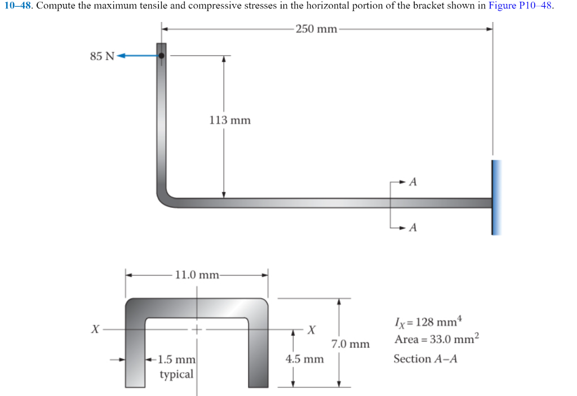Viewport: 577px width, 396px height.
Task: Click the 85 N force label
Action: (x=101, y=56)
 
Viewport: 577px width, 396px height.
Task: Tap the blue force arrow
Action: (x=137, y=56)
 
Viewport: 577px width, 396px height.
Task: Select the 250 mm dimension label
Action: (x=316, y=29)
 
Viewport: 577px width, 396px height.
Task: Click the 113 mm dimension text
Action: (x=230, y=120)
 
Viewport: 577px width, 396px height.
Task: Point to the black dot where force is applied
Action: (x=162, y=56)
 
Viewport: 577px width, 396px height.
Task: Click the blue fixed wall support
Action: (x=495, y=197)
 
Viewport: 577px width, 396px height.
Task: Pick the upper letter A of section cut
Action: (x=413, y=182)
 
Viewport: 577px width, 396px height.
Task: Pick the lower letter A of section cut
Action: (x=413, y=228)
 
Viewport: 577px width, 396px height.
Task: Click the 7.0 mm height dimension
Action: (x=350, y=344)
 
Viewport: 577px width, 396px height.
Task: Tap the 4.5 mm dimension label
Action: (x=305, y=359)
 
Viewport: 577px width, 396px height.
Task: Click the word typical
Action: (x=176, y=373)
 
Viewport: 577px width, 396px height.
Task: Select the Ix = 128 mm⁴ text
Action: (x=426, y=323)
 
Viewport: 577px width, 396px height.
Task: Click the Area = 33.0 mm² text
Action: (x=437, y=339)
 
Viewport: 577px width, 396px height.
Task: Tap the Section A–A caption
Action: (x=425, y=359)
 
